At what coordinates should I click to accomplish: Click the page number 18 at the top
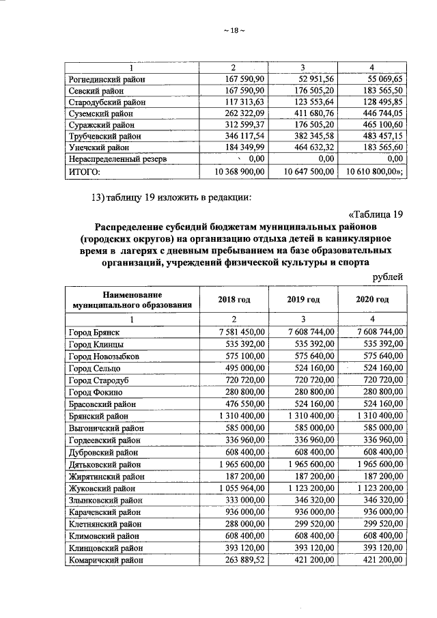[234, 29]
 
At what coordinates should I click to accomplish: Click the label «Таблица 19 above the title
[370, 214]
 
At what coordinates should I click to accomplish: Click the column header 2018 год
[235, 299]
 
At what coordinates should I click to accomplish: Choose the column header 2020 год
[372, 299]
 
